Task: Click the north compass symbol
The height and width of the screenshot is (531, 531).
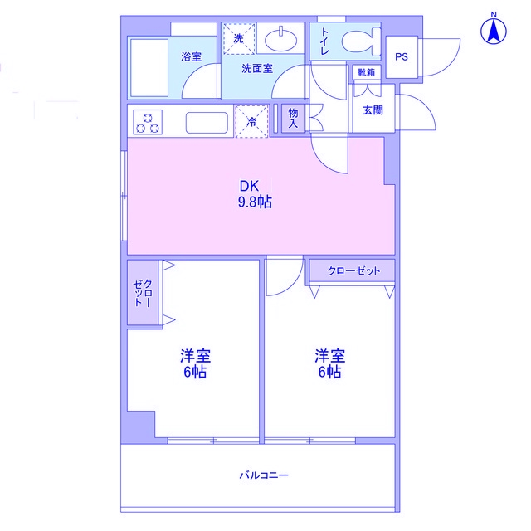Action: [494, 31]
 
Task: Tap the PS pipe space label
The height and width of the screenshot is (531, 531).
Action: [402, 57]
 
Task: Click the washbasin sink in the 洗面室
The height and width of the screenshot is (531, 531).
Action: [282, 38]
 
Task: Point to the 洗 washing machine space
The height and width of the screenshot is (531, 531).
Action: [238, 38]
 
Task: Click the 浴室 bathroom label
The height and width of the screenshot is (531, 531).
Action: [192, 57]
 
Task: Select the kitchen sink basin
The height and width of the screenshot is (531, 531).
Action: [206, 123]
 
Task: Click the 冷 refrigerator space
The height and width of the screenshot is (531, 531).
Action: [252, 121]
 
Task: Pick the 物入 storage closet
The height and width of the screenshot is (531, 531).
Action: [293, 117]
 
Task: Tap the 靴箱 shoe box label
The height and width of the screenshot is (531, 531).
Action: [366, 73]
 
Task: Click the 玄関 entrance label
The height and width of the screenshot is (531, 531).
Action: [372, 110]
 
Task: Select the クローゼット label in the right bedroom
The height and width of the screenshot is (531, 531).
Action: [353, 271]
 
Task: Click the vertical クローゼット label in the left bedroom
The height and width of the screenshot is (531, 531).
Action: [143, 295]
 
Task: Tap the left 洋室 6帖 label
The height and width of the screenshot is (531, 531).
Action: [196, 363]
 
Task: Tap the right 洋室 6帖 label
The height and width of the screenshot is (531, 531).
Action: [329, 363]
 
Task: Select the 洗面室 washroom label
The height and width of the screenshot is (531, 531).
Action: [257, 70]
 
